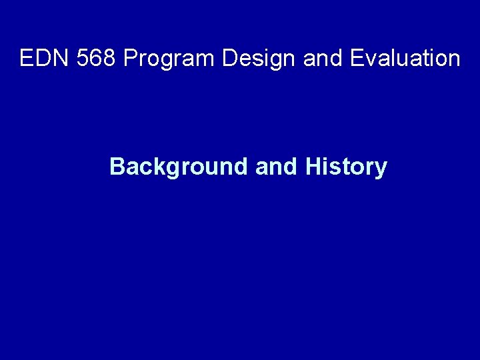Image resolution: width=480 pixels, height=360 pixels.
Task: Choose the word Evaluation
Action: tap(404, 59)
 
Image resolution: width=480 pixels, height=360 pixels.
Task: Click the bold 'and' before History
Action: tap(276, 166)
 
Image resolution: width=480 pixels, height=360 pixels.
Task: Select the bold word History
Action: tap(345, 167)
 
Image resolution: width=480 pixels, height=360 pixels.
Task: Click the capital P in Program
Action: tap(131, 59)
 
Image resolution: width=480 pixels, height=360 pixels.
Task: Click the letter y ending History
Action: tap(380, 169)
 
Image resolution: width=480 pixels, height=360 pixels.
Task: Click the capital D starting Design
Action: tap(231, 59)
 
